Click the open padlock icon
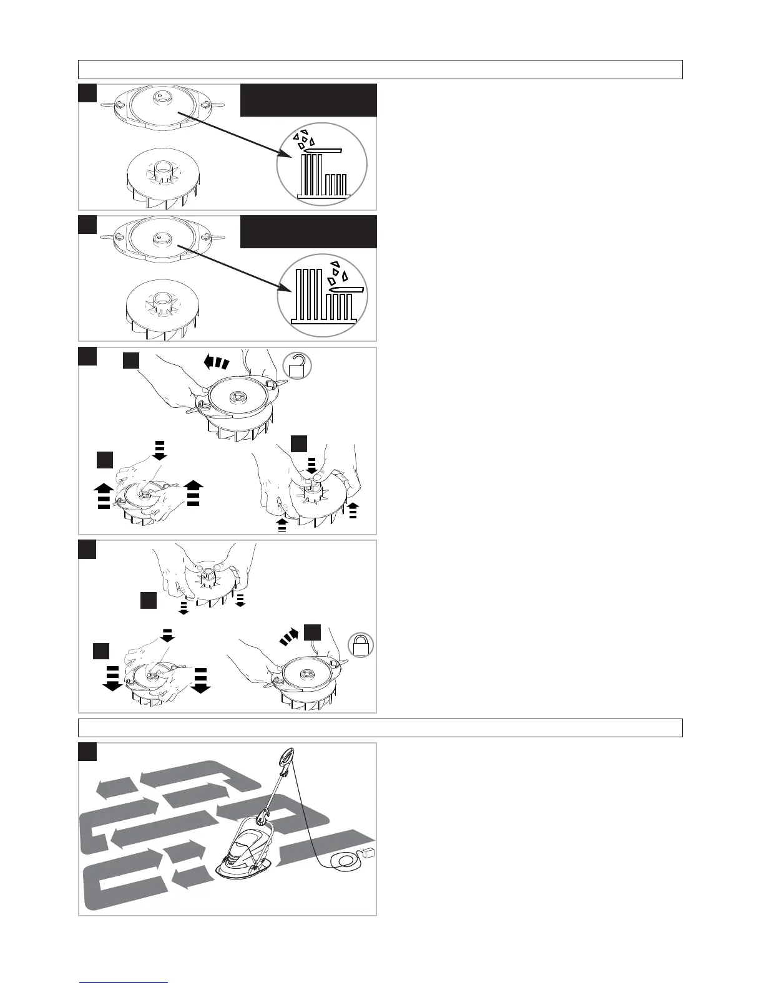click(297, 367)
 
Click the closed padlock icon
click(361, 645)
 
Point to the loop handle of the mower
click(288, 757)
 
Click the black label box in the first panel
click(308, 100)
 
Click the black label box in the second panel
click(308, 232)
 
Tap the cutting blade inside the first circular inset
click(322, 150)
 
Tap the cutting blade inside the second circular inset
click(346, 290)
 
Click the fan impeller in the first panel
click(163, 177)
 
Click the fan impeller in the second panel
click(163, 309)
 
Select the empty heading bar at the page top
click(380, 69)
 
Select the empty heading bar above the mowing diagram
click(380, 728)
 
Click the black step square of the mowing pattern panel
click(87, 752)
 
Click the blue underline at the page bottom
click(124, 982)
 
